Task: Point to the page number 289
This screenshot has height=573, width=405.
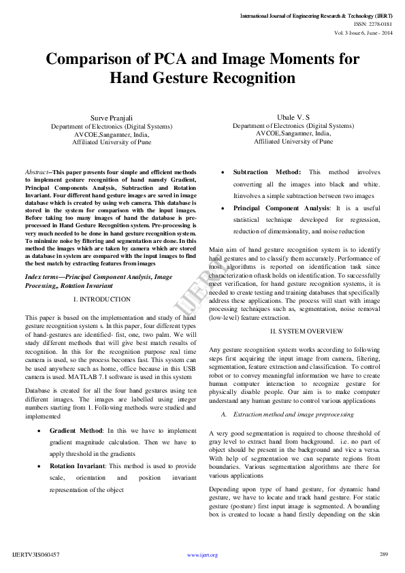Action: tap(383, 554)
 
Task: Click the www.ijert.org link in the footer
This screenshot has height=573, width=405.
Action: tap(202, 555)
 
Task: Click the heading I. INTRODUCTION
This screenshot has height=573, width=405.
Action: tap(103, 299)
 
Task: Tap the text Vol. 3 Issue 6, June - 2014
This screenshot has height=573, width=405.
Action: tap(362, 32)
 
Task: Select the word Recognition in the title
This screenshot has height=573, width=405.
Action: tap(246, 78)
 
